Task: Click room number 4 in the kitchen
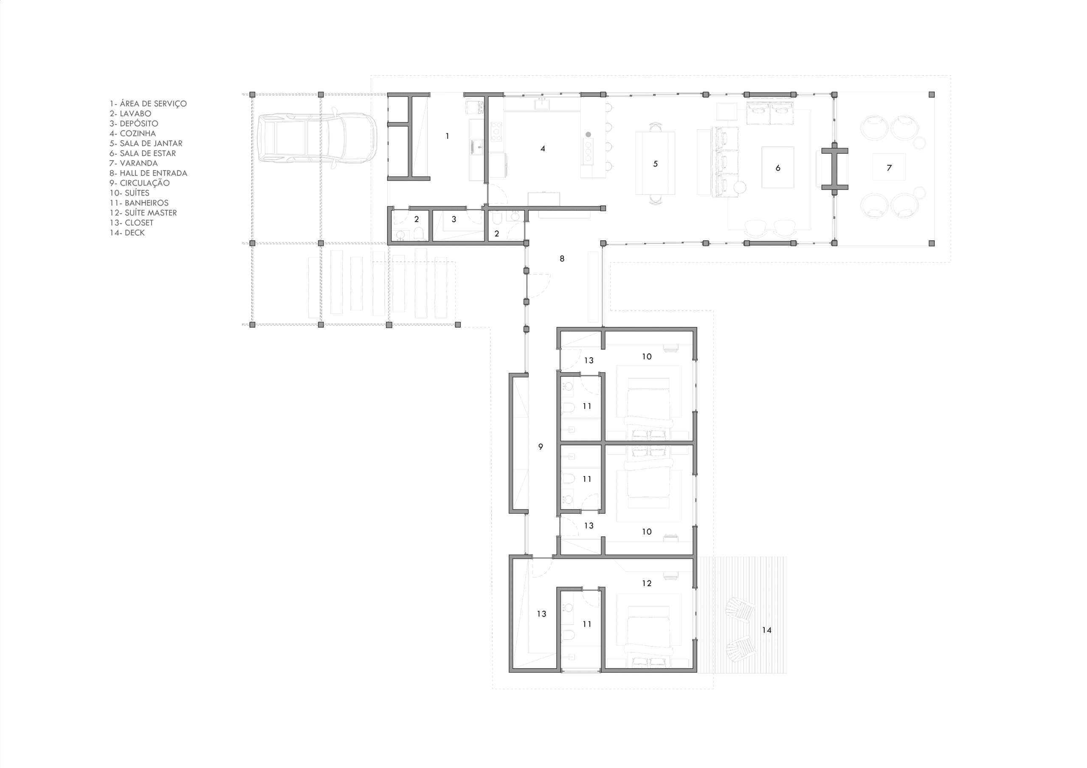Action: pyautogui.click(x=543, y=149)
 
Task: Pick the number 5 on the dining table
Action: pyautogui.click(x=655, y=164)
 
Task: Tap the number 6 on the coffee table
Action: pyautogui.click(x=778, y=168)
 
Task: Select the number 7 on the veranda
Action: pyautogui.click(x=889, y=168)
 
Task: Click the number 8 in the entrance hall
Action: pyautogui.click(x=562, y=259)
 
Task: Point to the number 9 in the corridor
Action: pyautogui.click(x=541, y=446)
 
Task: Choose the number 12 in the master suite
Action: pyautogui.click(x=647, y=583)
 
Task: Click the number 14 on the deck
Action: pyautogui.click(x=766, y=630)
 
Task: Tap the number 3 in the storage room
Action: pyautogui.click(x=453, y=219)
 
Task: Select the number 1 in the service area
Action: pyautogui.click(x=448, y=136)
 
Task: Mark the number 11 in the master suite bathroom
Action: pyautogui.click(x=587, y=624)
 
